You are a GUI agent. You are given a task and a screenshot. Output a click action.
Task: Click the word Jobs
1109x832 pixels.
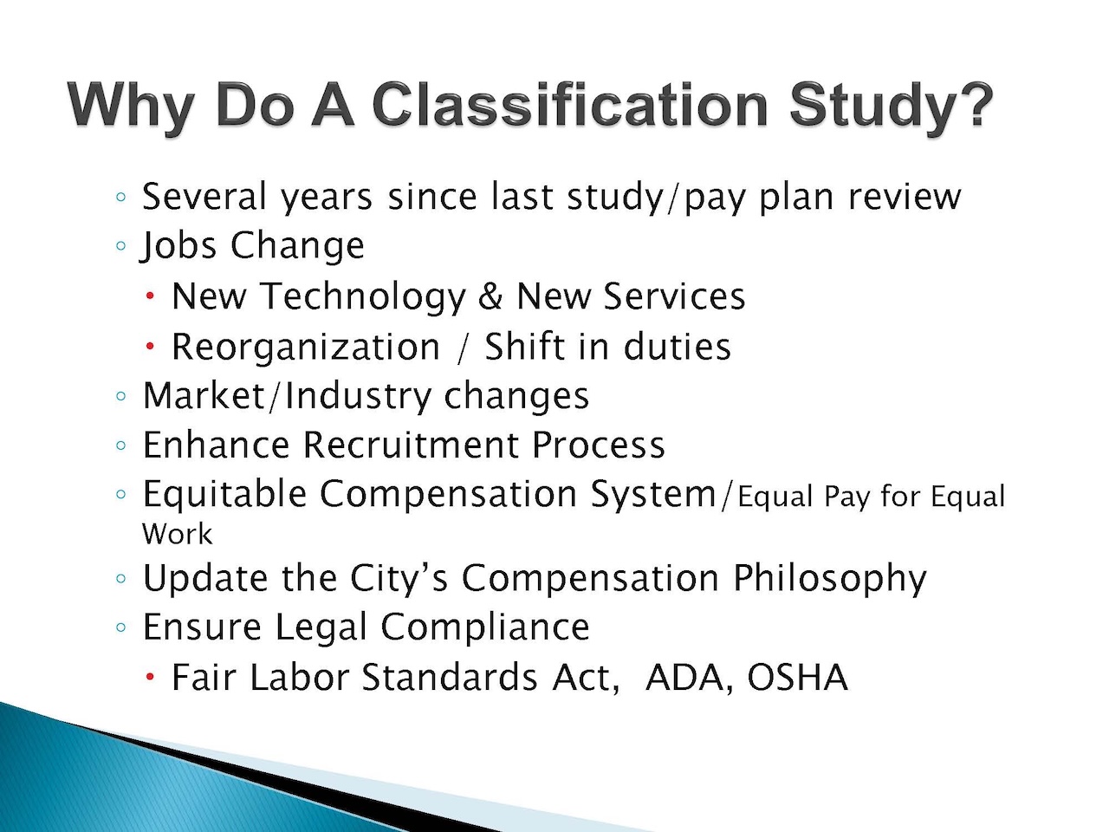click(178, 246)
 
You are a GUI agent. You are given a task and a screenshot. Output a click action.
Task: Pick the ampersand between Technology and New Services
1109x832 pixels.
click(490, 296)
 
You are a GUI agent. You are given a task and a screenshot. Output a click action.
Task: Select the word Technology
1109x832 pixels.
click(362, 298)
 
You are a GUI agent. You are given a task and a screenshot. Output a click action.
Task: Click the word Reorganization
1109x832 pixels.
click(306, 348)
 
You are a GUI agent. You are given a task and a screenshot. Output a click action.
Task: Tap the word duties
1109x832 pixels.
click(677, 347)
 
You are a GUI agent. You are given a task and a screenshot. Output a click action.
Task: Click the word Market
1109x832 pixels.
click(204, 395)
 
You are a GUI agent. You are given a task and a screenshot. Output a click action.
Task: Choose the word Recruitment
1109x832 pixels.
click(411, 445)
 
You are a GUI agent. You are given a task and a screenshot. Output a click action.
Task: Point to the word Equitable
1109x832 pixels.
click(224, 495)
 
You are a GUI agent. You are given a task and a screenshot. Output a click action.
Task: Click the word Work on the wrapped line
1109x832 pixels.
click(178, 534)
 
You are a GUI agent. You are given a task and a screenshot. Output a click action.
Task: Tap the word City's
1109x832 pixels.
click(399, 579)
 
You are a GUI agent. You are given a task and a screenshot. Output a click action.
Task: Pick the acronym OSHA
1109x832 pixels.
click(797, 678)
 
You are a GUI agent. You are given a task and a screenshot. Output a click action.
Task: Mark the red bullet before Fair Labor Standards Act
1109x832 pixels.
click(150, 676)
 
